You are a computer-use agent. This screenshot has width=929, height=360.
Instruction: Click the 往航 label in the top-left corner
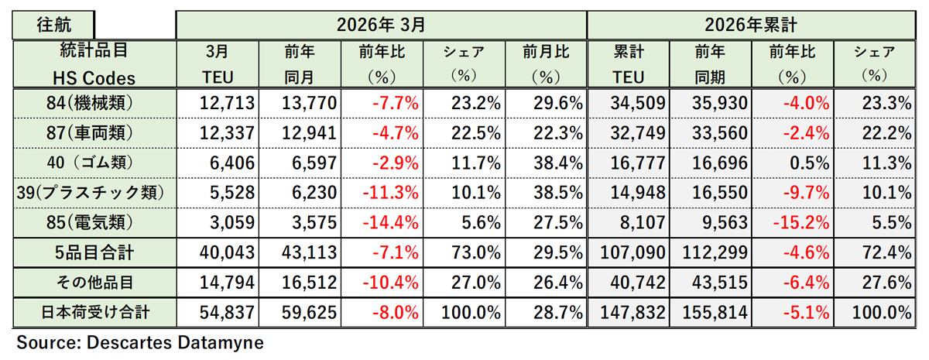52,24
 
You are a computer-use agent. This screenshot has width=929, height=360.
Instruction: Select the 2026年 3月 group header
381,24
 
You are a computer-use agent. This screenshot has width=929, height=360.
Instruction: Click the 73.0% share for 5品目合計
475,252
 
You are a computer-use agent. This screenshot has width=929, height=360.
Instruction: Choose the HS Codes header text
94,77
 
